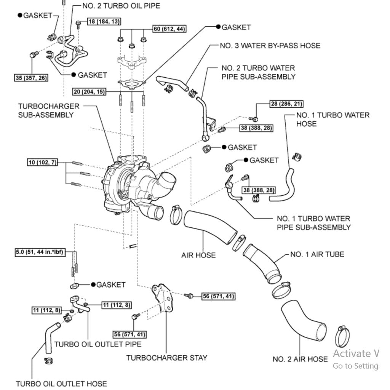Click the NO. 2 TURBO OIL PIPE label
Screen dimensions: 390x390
click(x=121, y=6)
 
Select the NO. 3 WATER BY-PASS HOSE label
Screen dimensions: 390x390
click(x=270, y=46)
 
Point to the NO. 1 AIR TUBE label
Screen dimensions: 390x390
click(x=317, y=254)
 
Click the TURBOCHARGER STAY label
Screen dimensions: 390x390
click(x=167, y=358)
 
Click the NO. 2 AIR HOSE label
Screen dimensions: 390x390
click(x=300, y=359)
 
